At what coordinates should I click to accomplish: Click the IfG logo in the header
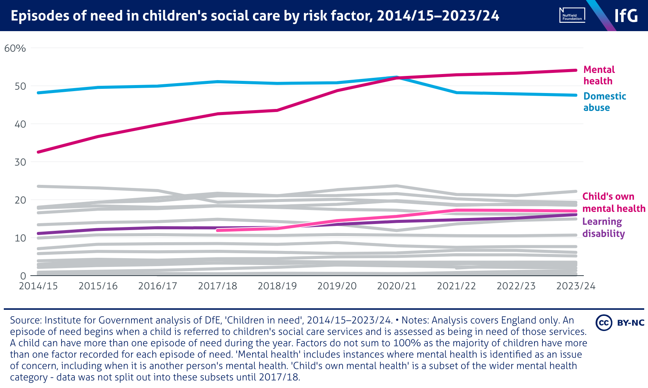click(626, 16)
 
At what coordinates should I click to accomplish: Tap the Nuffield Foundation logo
click(572, 16)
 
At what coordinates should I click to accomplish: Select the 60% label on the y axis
click(15, 49)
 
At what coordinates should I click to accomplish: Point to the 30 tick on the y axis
click(20, 162)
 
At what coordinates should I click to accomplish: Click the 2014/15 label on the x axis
click(38, 286)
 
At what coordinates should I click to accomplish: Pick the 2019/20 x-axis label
click(337, 286)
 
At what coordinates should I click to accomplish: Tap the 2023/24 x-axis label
click(576, 286)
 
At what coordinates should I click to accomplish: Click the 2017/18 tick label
click(217, 286)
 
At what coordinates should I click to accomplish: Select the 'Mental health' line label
click(599, 75)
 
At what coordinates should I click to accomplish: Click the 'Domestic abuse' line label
click(604, 102)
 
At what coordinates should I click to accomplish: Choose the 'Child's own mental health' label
click(613, 202)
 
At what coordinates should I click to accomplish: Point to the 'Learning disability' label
click(603, 227)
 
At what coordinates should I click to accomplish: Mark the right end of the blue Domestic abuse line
click(575, 95)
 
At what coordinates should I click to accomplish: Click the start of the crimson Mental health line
click(38, 152)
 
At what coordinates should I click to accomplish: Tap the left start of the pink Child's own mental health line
click(218, 230)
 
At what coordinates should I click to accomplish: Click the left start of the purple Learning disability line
click(38, 233)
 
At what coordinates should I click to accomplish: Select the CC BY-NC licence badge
click(620, 323)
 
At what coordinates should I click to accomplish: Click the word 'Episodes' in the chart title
click(37, 16)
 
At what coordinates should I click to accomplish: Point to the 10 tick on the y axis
click(20, 238)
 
